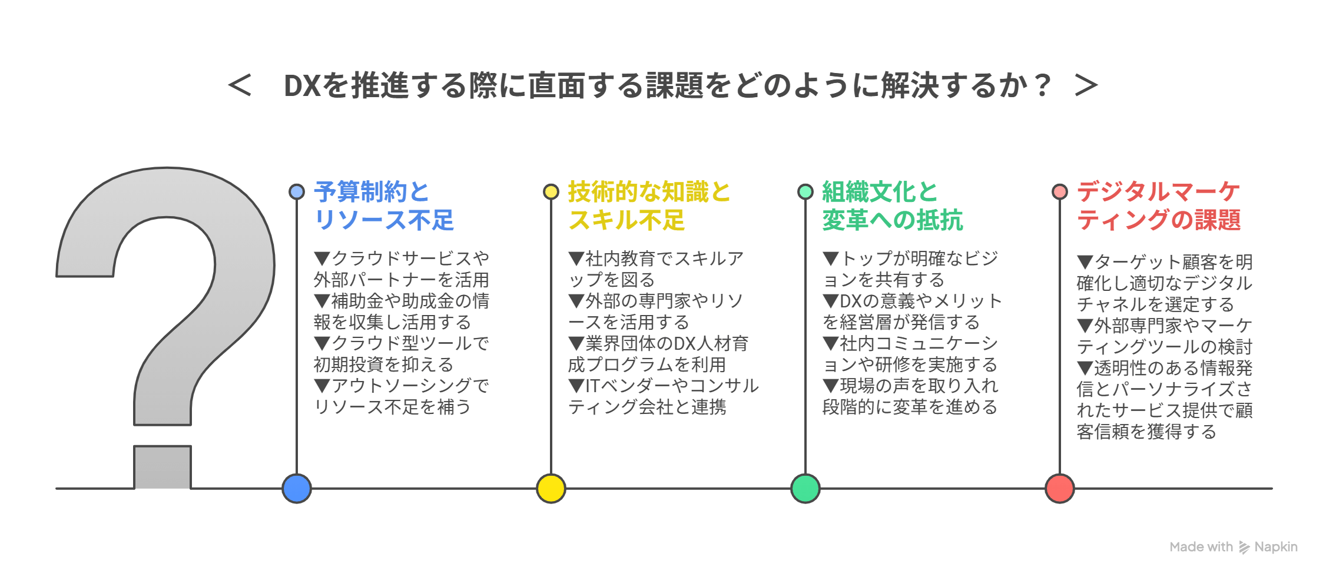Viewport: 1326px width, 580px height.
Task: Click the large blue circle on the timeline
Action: (x=297, y=488)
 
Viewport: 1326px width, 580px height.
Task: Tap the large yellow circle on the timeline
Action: (x=551, y=488)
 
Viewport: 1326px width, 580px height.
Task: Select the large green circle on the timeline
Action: (x=805, y=488)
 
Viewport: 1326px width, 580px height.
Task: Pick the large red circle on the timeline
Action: (x=1060, y=488)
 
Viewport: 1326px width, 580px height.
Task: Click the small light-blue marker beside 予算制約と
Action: (x=297, y=191)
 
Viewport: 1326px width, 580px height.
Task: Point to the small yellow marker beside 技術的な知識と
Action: (x=551, y=191)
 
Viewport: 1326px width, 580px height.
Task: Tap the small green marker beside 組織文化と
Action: (x=805, y=191)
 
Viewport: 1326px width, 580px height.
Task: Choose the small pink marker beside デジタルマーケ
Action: (x=1060, y=191)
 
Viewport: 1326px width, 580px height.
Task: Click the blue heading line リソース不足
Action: (x=384, y=220)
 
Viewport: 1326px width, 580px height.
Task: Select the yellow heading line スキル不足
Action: (x=626, y=220)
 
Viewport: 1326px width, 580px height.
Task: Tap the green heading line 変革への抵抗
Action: (x=893, y=220)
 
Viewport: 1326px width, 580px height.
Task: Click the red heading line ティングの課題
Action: (x=1159, y=220)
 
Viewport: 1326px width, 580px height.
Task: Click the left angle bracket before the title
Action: (x=240, y=85)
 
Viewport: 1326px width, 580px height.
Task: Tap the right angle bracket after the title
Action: (x=1086, y=85)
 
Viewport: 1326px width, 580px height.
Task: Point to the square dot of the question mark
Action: (x=163, y=467)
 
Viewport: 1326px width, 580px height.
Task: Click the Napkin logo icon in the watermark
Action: (x=1244, y=548)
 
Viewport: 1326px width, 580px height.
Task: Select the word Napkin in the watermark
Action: (x=1276, y=547)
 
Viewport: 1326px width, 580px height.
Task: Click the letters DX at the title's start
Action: (x=302, y=86)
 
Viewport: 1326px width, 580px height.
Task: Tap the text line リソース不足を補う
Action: (x=392, y=407)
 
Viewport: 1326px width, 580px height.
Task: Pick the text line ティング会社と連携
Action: (x=647, y=407)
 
